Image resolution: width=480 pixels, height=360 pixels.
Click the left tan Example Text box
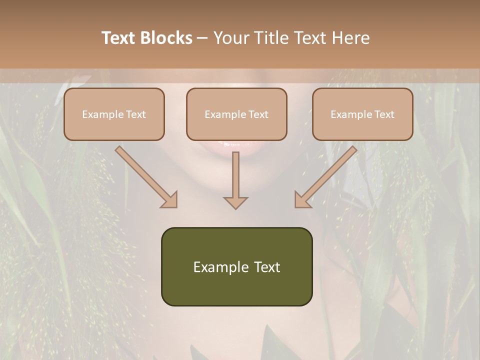114,114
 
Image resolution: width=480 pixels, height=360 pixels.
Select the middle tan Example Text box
236,114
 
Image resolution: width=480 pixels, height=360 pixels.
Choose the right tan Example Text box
362,114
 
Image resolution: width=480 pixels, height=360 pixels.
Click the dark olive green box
236,266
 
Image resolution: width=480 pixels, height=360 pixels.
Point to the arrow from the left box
145,176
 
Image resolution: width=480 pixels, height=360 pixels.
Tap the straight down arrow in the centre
235,177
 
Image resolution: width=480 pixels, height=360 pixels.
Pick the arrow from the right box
327,176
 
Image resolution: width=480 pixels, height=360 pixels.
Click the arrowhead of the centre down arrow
235,202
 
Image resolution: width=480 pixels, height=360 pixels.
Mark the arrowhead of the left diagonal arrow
170,200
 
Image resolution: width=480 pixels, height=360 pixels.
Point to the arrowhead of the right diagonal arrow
302,200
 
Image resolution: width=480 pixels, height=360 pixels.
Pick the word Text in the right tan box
384,114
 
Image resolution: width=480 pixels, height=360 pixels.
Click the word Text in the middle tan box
258,114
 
